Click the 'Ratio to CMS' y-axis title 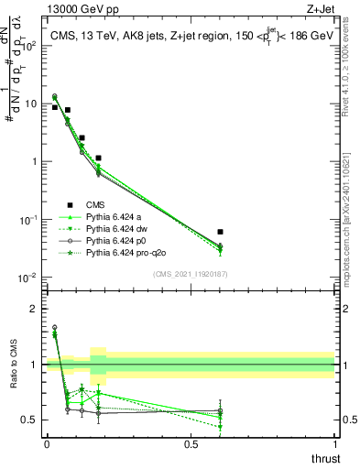coord(13,377)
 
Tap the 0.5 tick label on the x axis coord(191,444)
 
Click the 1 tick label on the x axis coord(334,444)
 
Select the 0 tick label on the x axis coord(47,444)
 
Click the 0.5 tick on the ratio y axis coord(31,420)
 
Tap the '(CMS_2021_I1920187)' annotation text coord(191,273)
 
